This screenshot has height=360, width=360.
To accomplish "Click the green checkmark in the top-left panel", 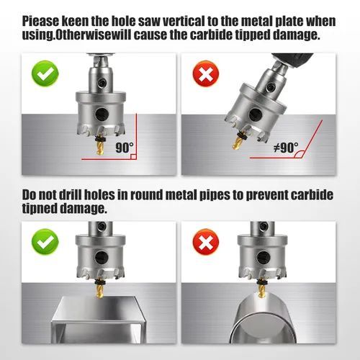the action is tap(45, 73).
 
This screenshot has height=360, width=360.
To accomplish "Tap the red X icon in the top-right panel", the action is tap(206, 73).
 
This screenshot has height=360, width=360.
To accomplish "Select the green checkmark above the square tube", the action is tap(45, 242).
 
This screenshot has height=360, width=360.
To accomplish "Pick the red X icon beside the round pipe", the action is tap(206, 242).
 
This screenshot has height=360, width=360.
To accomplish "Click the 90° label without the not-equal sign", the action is tap(125, 148).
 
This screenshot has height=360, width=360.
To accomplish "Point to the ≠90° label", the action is tap(287, 147).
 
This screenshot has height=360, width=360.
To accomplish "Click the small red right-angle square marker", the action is tap(134, 156).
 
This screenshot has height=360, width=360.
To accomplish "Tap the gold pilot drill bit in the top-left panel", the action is tap(100, 148).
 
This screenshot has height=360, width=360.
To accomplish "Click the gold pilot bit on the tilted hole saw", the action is tap(238, 143).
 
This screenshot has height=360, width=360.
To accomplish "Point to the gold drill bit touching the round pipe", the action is tap(261, 291).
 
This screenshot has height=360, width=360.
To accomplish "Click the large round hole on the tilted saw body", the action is tap(255, 114).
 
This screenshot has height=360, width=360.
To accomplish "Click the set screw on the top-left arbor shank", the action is tap(102, 83).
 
